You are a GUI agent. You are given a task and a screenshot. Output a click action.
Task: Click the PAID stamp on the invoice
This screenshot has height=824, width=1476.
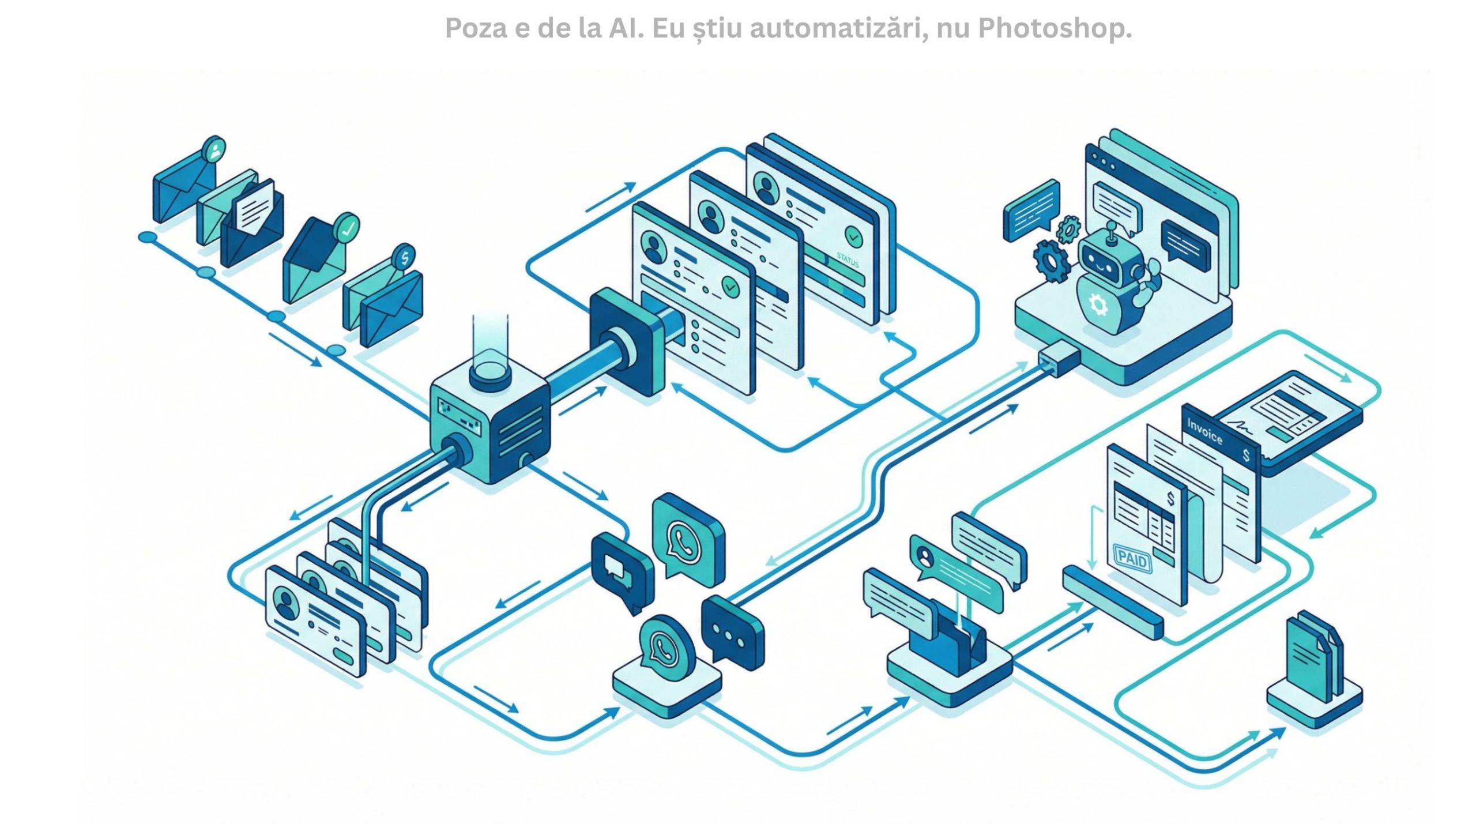coord(1131,559)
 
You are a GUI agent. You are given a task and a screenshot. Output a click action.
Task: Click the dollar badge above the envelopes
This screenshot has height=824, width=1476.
coord(404,258)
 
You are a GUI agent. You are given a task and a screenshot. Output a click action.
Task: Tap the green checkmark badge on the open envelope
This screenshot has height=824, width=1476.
coord(347,227)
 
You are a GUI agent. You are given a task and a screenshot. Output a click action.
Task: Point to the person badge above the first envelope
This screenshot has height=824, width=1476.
coord(214,150)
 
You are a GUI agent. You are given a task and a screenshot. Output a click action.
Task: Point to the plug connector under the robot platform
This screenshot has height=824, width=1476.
coord(1059,359)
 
